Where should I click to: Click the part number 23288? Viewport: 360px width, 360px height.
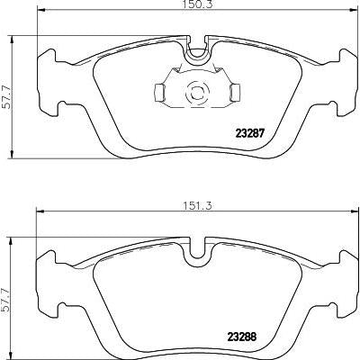click(x=242, y=337)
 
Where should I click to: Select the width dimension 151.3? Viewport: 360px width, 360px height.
click(x=198, y=206)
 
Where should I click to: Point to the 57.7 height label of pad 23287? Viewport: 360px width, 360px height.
click(x=6, y=97)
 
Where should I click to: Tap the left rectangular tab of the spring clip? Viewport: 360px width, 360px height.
click(x=158, y=92)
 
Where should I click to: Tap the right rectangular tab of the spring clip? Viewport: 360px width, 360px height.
click(x=236, y=92)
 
